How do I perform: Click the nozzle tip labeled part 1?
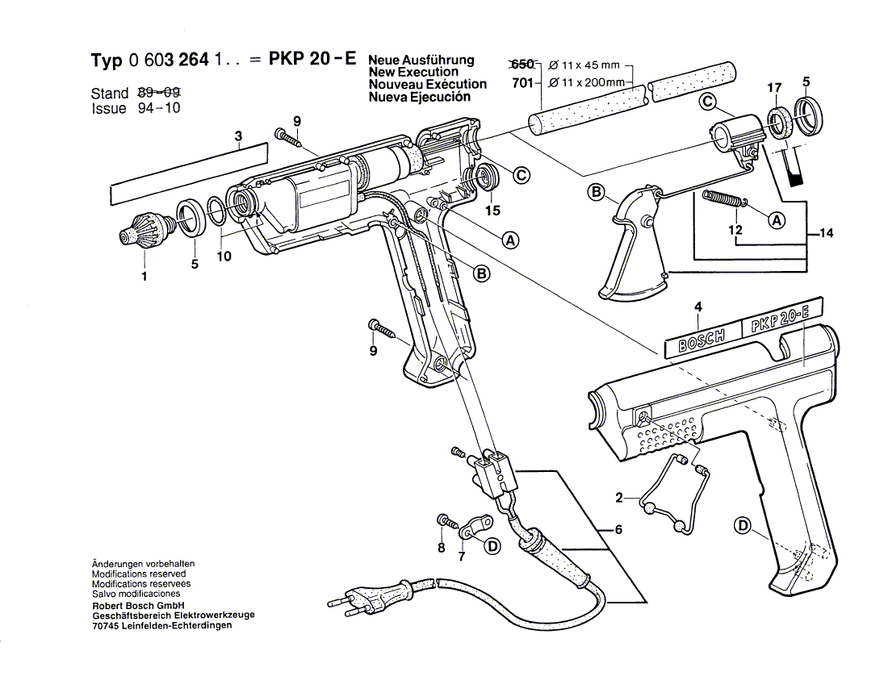(145, 230)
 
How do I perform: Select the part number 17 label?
(774, 88)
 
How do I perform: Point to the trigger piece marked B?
(634, 243)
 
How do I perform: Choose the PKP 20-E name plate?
(781, 318)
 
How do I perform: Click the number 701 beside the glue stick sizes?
(522, 83)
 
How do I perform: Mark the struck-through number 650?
(523, 64)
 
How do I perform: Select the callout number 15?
(492, 211)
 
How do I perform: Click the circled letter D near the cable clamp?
(493, 546)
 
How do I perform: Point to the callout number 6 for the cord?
(618, 529)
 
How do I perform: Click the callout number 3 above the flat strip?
(238, 136)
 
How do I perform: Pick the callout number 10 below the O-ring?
(224, 257)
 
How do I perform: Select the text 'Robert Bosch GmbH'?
(138, 605)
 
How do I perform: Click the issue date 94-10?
(159, 107)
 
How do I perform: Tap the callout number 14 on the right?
(827, 232)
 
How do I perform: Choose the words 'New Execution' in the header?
(413, 72)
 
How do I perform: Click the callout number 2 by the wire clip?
(619, 498)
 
